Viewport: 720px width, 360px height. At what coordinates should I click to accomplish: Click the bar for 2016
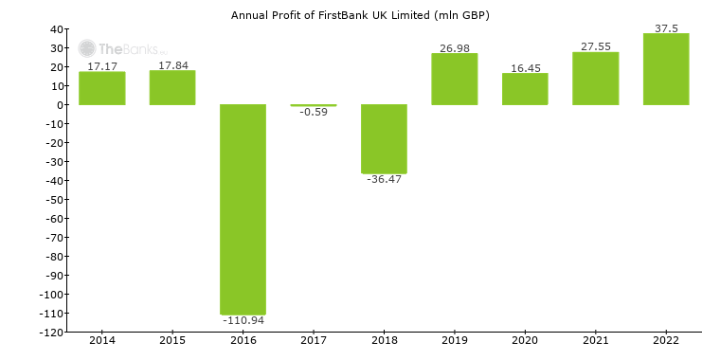coord(243,208)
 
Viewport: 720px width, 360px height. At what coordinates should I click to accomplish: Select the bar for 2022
coord(666,69)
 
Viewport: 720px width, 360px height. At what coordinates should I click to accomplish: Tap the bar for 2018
coord(384,139)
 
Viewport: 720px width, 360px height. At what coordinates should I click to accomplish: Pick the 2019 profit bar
coord(454,79)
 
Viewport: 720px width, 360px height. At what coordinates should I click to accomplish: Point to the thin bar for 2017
coord(314,105)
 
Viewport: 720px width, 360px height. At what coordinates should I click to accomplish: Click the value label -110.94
coord(243,321)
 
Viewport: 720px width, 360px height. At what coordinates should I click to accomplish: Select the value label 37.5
coord(666,28)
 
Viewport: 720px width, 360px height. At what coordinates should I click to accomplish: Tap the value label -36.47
coord(384,180)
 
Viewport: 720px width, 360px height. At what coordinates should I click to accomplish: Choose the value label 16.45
coord(525,68)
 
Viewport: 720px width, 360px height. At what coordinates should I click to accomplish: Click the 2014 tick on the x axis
coord(101,339)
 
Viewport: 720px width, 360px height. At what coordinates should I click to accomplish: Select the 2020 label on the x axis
coord(525,339)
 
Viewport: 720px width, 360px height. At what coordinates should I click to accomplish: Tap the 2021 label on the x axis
coord(595,339)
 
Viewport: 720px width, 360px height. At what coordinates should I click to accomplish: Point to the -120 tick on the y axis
coord(50,333)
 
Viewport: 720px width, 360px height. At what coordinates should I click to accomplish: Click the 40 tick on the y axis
coord(57,29)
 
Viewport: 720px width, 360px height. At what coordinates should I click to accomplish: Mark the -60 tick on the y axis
coord(54,219)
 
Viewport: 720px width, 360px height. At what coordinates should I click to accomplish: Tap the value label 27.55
coord(595,46)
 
